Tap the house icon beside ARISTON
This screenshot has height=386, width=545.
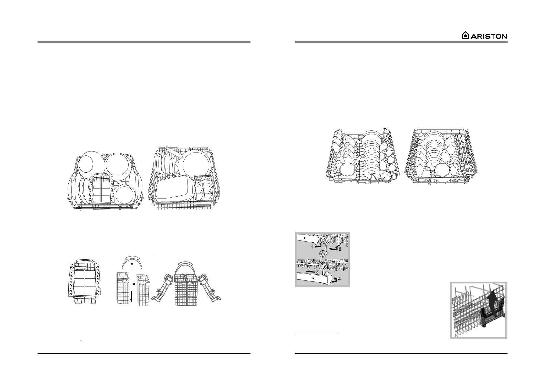click(465, 36)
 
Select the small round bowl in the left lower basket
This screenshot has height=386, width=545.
click(125, 195)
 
